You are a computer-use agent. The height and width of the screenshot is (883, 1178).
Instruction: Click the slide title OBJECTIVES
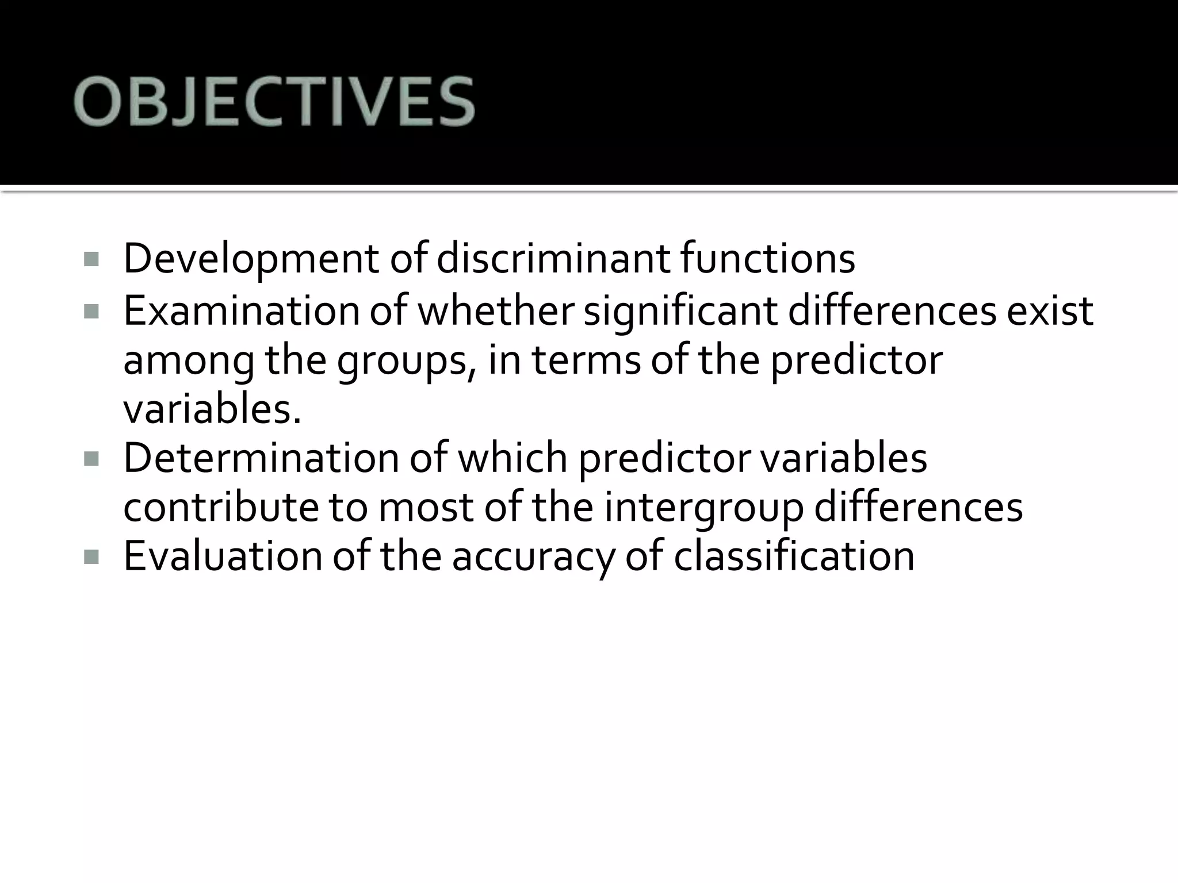pos(274,102)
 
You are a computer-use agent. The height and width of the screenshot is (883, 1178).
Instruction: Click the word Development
pos(251,259)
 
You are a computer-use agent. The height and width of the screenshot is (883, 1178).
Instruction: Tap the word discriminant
pos(553,259)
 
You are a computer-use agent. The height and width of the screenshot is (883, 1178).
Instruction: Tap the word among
pos(188,360)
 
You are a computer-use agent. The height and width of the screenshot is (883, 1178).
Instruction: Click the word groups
pos(406,360)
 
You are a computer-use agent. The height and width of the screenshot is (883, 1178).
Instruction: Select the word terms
pos(586,360)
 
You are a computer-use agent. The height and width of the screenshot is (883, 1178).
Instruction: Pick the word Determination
pos(261,458)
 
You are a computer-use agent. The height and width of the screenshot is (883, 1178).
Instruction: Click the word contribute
pos(221,508)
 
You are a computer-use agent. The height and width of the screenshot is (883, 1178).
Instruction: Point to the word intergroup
pos(703,508)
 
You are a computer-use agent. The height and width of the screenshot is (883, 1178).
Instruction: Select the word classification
pos(794,556)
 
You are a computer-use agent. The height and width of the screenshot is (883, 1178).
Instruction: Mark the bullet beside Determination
pos(91,459)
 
